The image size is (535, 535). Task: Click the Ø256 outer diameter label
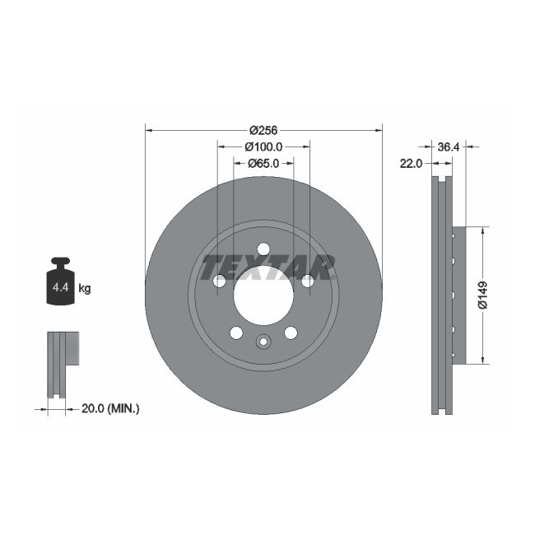(x=263, y=130)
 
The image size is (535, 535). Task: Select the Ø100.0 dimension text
(x=263, y=147)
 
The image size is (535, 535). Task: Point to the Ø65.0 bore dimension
(x=263, y=163)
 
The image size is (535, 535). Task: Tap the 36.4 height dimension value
(x=449, y=147)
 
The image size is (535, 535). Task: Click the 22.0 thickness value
(x=411, y=163)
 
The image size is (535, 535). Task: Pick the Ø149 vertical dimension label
(x=483, y=295)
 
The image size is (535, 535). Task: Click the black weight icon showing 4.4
(x=60, y=283)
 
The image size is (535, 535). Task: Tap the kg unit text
(x=84, y=289)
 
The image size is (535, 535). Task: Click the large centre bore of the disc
(x=263, y=295)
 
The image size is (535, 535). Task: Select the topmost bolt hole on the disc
(x=263, y=249)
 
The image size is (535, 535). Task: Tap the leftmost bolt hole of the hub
(x=220, y=281)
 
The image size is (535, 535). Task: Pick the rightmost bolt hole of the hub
(x=307, y=281)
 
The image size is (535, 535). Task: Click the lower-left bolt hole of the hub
(x=236, y=333)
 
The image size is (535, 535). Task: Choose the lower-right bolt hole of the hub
(x=291, y=333)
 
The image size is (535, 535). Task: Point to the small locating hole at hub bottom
(x=263, y=342)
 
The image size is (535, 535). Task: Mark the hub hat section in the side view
(x=458, y=295)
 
